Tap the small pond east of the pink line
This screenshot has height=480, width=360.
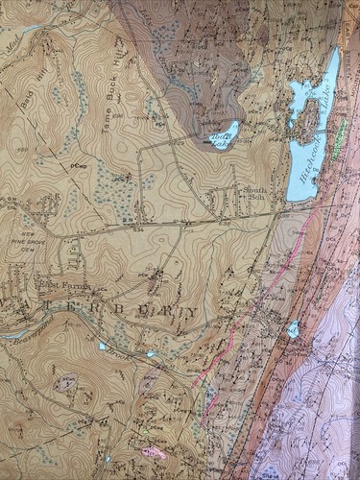tap(293, 329)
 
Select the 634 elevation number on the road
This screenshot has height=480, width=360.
tap(139, 228)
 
